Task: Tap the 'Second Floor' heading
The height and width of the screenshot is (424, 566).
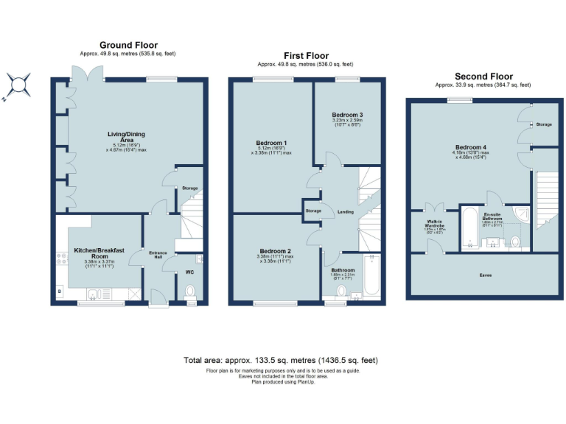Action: (x=483, y=77)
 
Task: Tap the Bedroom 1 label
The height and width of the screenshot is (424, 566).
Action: (x=271, y=142)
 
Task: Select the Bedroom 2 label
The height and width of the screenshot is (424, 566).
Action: (x=273, y=251)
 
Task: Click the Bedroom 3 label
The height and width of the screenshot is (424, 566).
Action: (x=346, y=116)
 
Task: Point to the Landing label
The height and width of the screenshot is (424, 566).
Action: (x=346, y=212)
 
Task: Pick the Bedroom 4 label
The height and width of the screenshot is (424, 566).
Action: (x=469, y=147)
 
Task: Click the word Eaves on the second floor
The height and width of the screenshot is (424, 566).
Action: (x=486, y=275)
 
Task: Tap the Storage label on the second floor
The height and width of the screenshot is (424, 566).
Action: (x=543, y=124)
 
